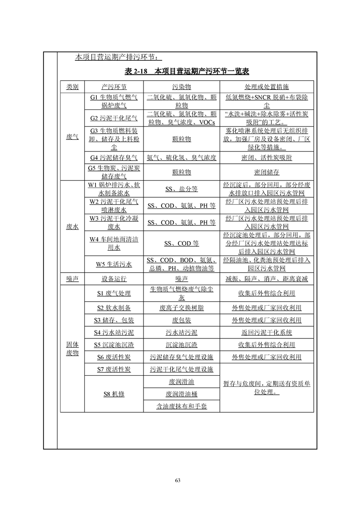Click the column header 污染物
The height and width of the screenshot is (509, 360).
182,87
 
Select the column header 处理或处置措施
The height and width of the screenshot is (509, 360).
266,87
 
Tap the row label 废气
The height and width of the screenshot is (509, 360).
72,136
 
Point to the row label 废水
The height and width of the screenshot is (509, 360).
72,227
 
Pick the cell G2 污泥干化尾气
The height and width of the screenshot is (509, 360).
113,118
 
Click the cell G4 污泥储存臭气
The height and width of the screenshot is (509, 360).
113,157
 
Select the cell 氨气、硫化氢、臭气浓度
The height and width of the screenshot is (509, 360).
182,157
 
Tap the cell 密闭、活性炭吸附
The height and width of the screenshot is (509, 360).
266,157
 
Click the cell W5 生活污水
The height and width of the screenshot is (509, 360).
113,264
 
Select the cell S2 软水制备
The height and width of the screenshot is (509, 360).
113,308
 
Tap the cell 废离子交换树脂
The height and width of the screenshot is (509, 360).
182,308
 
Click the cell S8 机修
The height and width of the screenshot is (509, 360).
113,394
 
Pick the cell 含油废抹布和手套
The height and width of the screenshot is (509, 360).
182,406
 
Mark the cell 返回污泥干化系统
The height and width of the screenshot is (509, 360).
266,333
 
